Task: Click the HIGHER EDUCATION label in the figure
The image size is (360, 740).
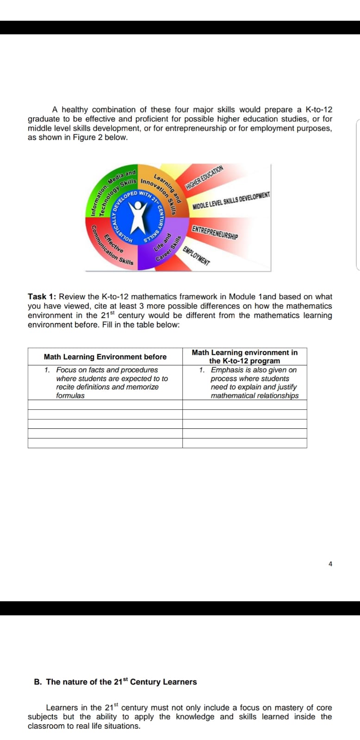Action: pos(204,178)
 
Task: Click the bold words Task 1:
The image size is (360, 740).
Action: pos(42,296)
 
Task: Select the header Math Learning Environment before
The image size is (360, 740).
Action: pos(105,357)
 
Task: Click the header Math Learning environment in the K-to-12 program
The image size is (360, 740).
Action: pos(244,357)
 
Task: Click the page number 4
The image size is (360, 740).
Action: pos(330,564)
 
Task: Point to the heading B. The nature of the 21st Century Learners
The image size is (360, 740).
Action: pos(115,682)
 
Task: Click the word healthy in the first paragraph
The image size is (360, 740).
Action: pos(74,110)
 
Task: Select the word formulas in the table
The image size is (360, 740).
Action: pos(70,395)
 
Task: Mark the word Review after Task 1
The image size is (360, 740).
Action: pos(72,296)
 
